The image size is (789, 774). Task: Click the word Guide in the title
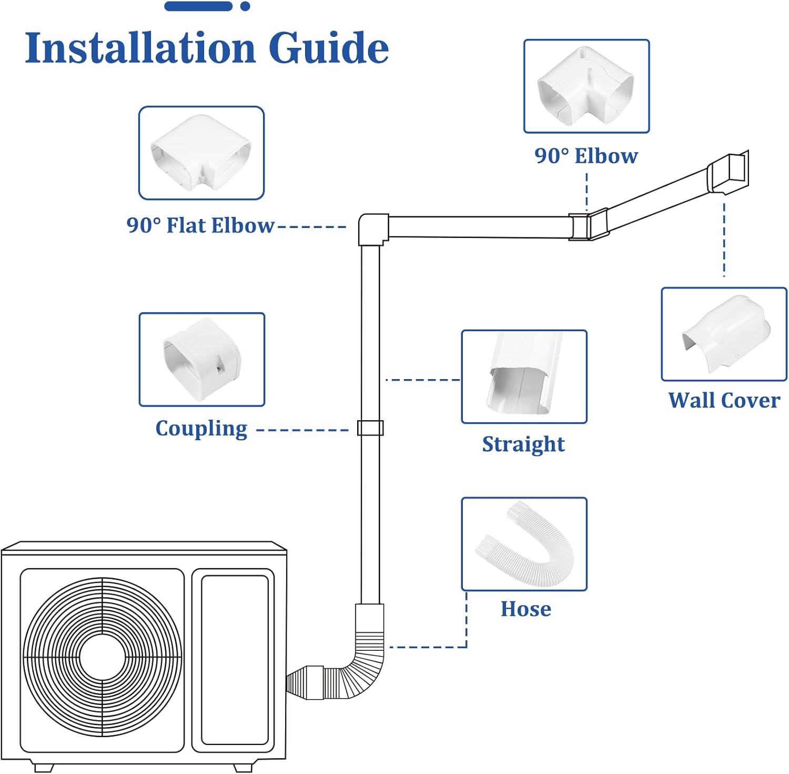[329, 48]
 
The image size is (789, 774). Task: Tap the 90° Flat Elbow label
[200, 225]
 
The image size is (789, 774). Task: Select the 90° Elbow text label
[586, 156]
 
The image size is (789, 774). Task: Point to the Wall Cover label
[724, 400]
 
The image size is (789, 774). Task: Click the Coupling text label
[201, 429]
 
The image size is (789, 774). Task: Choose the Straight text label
[523, 444]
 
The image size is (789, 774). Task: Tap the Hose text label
[525, 609]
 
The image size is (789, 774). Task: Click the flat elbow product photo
[201, 153]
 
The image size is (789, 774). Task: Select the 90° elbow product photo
[586, 86]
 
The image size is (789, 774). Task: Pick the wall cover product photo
[724, 334]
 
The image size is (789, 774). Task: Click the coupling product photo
[202, 360]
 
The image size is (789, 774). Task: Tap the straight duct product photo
[524, 377]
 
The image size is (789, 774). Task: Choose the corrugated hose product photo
[524, 544]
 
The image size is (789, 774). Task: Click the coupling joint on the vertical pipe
[370, 428]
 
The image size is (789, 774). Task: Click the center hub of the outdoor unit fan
[103, 658]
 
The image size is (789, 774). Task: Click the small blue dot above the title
[245, 6]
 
